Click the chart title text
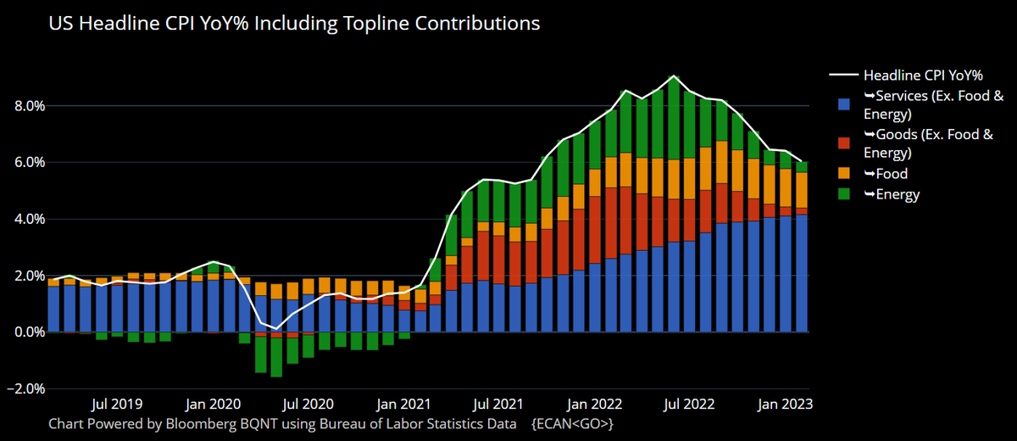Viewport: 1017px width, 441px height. [294, 24]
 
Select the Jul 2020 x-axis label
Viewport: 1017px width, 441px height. [306, 405]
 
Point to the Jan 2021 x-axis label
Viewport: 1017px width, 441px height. [400, 405]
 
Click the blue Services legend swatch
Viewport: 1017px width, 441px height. [843, 105]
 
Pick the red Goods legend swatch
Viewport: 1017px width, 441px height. [843, 143]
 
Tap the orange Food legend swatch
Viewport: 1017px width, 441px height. [843, 174]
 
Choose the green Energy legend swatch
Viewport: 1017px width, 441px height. [843, 194]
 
